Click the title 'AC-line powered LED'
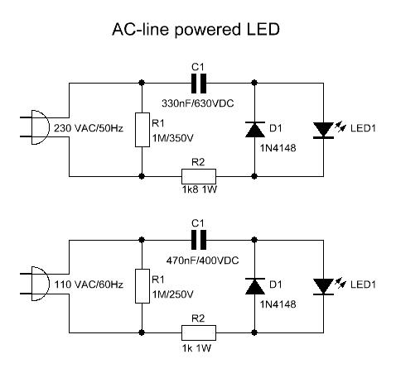197,31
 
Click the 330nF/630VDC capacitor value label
199,105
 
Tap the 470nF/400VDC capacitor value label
199,261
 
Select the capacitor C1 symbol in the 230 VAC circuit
198,83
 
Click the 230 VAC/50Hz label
88,129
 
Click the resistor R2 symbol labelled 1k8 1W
199,175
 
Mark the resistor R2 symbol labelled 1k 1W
199,332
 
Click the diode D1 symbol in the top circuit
254,129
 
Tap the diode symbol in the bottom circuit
254,285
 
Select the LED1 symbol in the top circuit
322,129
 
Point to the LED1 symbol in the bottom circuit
322,285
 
